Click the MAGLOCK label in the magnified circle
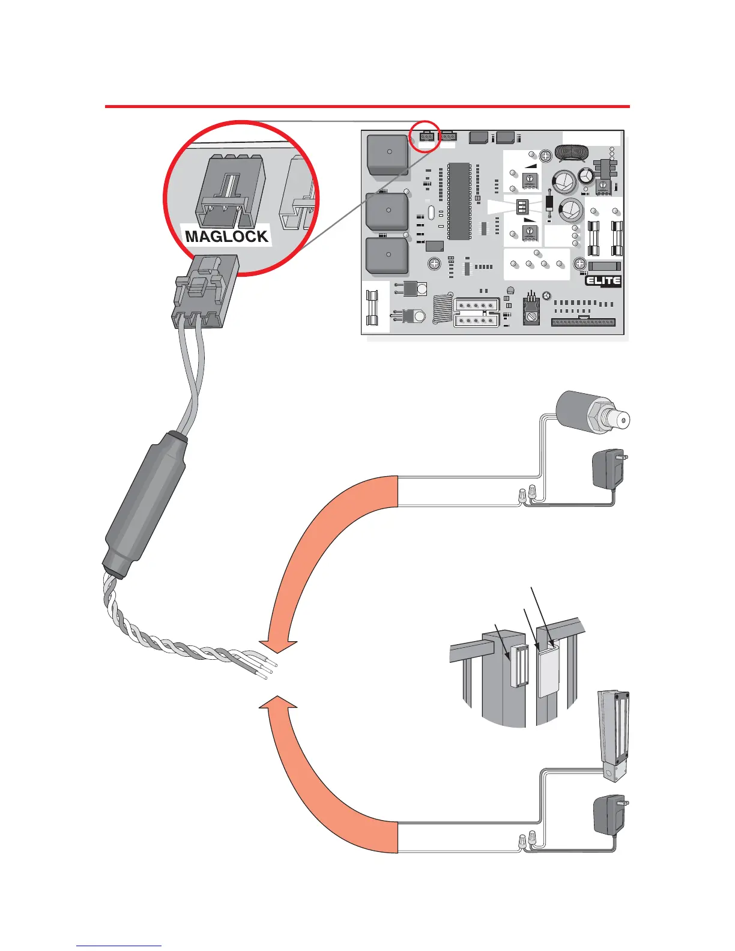point(226,236)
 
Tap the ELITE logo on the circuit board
point(603,281)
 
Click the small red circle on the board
point(427,137)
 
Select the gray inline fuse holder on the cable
point(144,505)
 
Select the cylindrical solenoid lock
point(591,415)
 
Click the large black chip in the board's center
point(459,199)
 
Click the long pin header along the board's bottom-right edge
point(583,322)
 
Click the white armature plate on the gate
point(548,672)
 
